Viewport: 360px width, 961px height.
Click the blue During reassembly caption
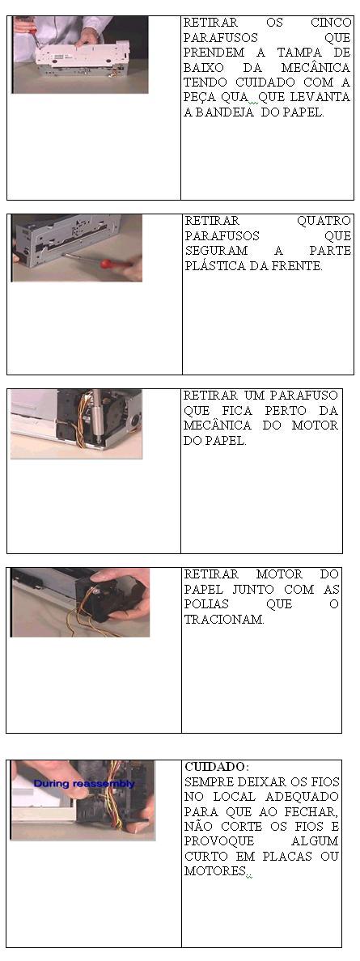click(84, 783)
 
